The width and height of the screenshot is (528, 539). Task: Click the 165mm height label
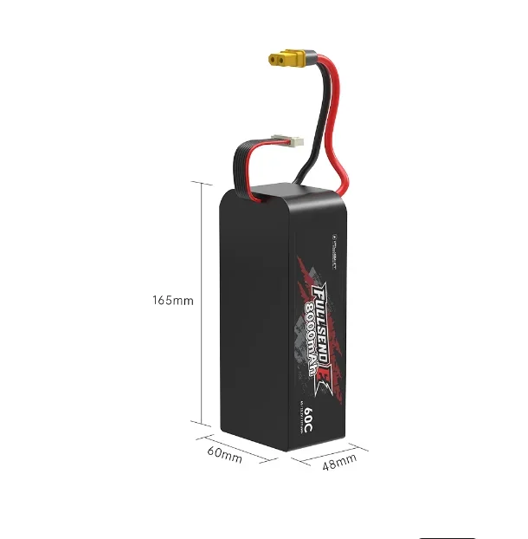(x=172, y=301)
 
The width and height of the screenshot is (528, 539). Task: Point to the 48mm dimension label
(x=339, y=464)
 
